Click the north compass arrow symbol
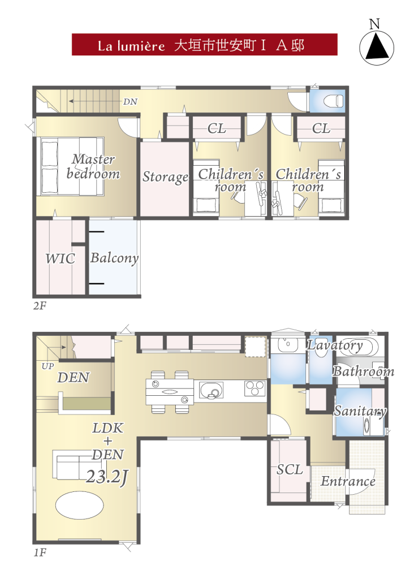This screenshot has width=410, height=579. (377, 48)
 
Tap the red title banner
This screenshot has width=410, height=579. (205, 45)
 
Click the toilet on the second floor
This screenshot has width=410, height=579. (333, 101)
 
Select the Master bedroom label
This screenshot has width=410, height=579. (93, 167)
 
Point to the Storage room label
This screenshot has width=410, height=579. (166, 177)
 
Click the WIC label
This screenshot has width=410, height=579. (60, 258)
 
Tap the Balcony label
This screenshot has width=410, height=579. (114, 258)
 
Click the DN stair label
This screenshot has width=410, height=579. (130, 102)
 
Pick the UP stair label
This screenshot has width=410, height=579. (48, 366)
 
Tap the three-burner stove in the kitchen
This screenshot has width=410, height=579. (254, 388)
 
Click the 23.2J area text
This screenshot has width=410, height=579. (107, 477)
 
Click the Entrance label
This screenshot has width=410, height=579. (348, 481)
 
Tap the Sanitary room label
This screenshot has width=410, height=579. (360, 411)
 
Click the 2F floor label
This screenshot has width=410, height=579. (40, 306)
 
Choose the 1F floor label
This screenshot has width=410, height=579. (40, 553)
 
